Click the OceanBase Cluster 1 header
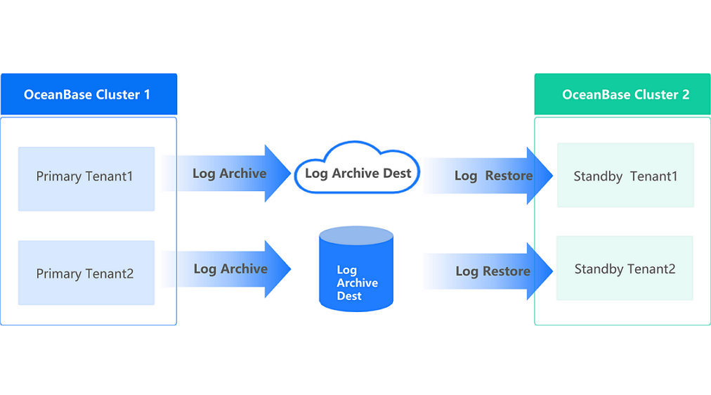coord(89,94)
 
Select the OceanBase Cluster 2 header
coord(622,94)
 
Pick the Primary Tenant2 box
coord(86,273)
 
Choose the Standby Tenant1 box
coord(625,176)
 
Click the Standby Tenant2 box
coord(625,268)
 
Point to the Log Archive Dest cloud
coord(357,171)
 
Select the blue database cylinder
coord(356,271)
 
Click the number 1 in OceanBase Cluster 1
coord(146,94)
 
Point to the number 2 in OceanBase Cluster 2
coord(685,94)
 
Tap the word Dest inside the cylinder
coord(349,296)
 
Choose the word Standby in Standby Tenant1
coord(598,176)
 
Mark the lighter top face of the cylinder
coord(356,235)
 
